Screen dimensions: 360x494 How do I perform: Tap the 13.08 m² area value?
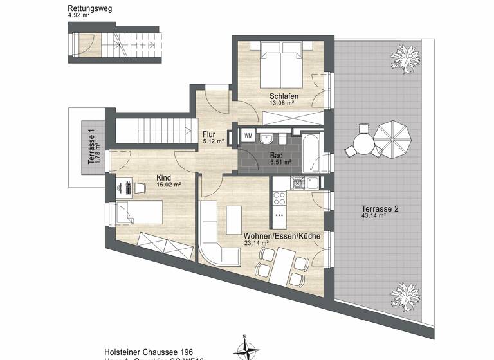pyautogui.click(x=281, y=103)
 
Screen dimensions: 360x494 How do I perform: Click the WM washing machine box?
pyautogui.click(x=248, y=136)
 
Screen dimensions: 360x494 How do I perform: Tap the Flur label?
pyautogui.click(x=209, y=134)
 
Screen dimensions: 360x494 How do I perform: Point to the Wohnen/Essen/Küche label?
pyautogui.click(x=282, y=237)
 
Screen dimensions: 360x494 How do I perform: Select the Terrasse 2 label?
pyautogui.click(x=373, y=209)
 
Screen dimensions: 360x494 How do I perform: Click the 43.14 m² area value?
pyautogui.click(x=373, y=217)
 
